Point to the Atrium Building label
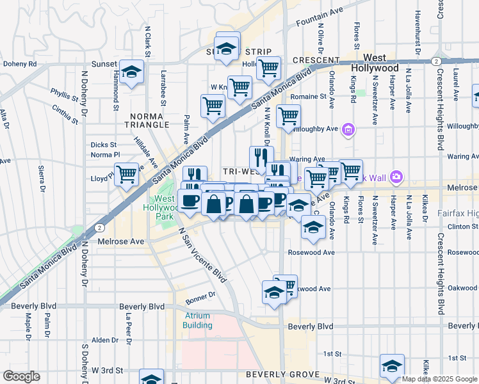pyautogui.click(x=198, y=320)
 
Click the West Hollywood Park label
pyautogui.click(x=165, y=207)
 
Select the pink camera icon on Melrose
pyautogui.click(x=396, y=176)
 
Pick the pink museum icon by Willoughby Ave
pyautogui.click(x=348, y=131)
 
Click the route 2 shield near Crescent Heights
pyautogui.click(x=435, y=61)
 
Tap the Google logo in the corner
pyautogui.click(x=20, y=376)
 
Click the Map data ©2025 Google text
pyautogui.click(x=439, y=379)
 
